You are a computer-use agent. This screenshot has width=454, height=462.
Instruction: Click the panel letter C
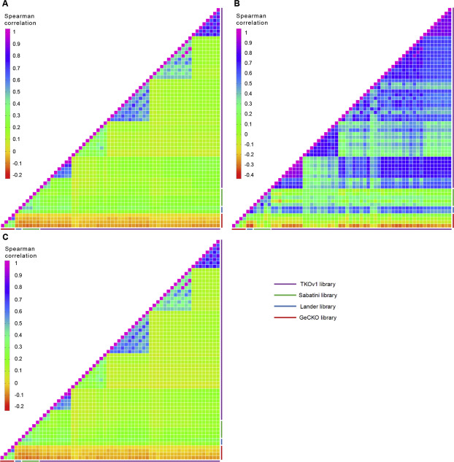pos(5,237)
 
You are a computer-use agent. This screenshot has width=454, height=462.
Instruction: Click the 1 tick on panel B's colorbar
pos(247,32)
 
